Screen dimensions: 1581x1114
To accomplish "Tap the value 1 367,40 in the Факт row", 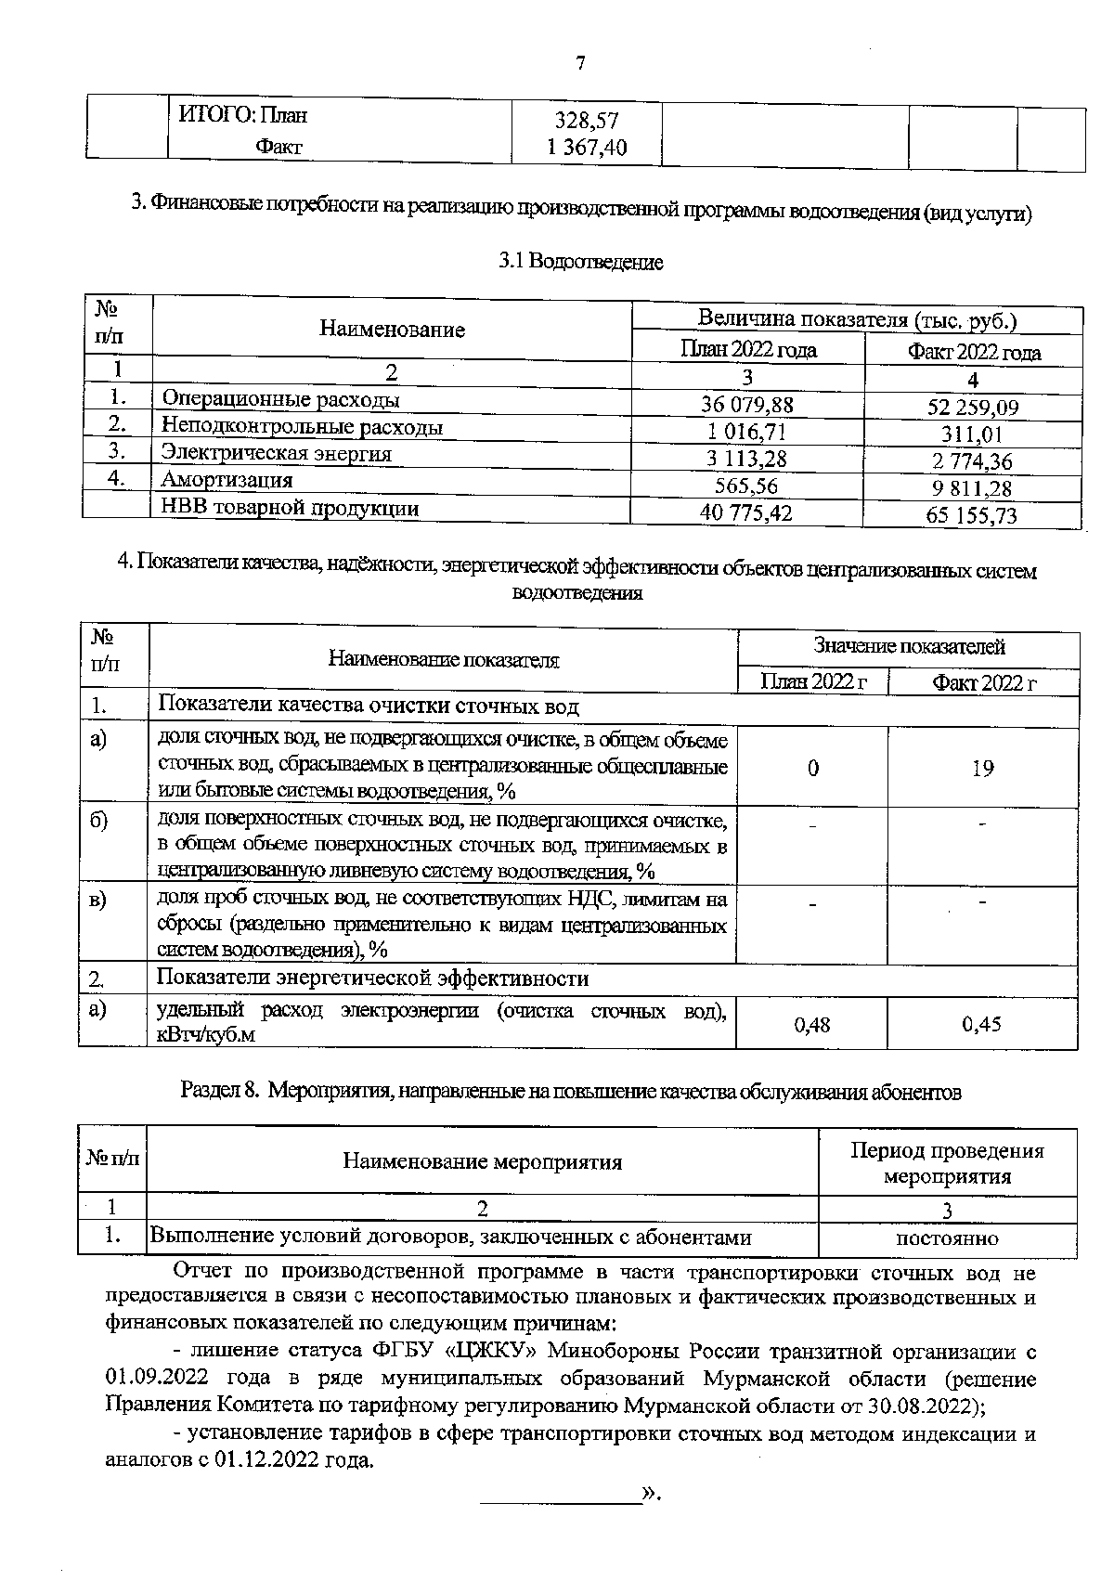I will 587,148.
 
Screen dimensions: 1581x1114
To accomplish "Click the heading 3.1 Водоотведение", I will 581,263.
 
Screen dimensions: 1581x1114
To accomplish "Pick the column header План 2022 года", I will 748,350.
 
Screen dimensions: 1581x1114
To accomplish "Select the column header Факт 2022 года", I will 974,353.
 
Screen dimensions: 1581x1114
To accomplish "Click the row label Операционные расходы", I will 281,400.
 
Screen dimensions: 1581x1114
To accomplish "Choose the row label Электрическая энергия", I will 277,453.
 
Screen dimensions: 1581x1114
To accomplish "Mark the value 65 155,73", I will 972,516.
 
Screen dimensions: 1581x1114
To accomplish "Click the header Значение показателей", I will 909,646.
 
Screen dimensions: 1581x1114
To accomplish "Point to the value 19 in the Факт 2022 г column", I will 982,768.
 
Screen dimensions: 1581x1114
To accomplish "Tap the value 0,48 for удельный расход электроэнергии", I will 812,1024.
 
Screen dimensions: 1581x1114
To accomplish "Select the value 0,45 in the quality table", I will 982,1024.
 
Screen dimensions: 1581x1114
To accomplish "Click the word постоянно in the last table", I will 947,1238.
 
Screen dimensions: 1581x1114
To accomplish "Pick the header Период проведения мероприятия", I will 947,1163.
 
